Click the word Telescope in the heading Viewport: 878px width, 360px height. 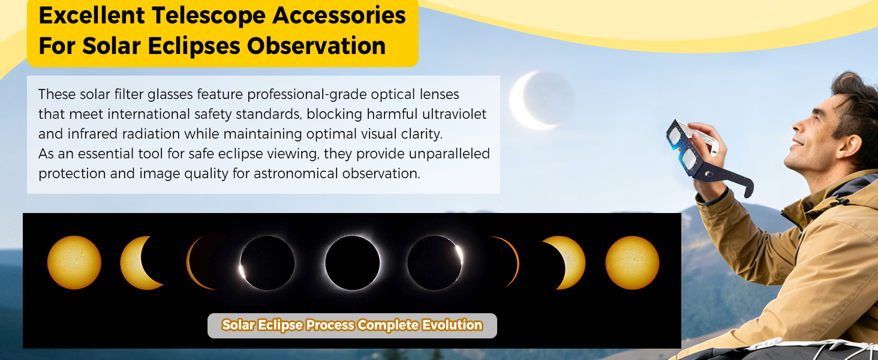click(209, 16)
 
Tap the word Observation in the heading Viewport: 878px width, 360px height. click(316, 46)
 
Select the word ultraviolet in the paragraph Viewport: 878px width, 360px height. click(454, 114)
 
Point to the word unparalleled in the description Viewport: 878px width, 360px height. click(449, 154)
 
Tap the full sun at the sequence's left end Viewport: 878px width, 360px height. click(74, 262)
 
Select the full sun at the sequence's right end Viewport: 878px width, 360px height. click(632, 262)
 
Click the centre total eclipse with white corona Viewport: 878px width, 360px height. click(353, 263)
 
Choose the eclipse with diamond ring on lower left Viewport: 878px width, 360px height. click(266, 263)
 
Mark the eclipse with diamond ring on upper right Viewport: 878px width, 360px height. click(435, 262)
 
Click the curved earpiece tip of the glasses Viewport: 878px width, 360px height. click(747, 188)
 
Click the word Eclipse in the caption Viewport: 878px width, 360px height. click(280, 325)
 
